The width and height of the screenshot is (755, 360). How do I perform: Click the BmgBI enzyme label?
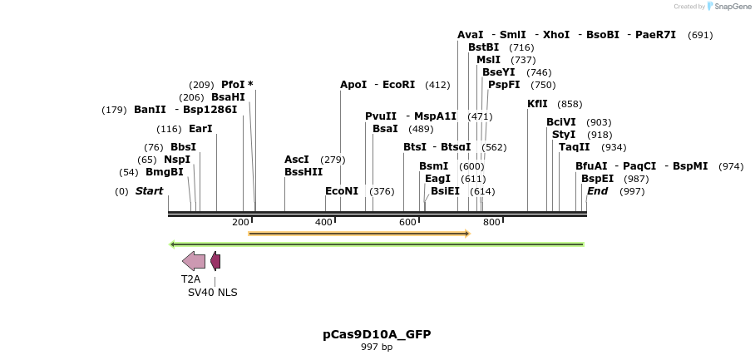164,172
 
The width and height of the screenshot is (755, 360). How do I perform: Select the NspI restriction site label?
176,160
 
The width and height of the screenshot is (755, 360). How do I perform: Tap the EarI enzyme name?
200,129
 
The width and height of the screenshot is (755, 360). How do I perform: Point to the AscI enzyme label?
296,160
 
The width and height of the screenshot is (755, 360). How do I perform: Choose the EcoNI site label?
341,191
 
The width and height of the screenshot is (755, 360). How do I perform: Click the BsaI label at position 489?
385,129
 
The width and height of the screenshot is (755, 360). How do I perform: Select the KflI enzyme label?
537,104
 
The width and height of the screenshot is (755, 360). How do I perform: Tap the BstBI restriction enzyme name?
483,47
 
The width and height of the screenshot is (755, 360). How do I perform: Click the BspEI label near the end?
597,179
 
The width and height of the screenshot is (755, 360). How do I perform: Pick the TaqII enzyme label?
574,147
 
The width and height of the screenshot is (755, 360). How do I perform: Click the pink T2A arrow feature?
194,261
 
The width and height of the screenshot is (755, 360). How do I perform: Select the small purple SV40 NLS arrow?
215,261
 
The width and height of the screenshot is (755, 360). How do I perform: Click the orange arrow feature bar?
359,234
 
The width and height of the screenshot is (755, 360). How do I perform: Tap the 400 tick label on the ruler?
323,222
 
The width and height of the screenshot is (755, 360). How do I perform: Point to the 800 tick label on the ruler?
491,222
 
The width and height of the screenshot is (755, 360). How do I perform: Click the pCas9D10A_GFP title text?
377,334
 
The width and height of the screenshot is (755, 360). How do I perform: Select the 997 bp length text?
377,348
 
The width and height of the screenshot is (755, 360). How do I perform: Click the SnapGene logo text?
733,7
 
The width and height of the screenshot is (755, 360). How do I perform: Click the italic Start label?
149,191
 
